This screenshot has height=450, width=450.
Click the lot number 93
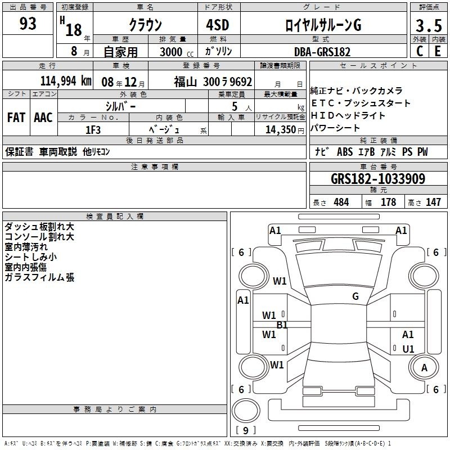click(x=28, y=24)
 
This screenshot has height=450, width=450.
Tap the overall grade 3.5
click(x=429, y=25)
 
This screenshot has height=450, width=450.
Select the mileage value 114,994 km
click(x=66, y=81)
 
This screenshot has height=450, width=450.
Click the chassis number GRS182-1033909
click(x=378, y=179)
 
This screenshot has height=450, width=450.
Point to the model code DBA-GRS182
click(x=322, y=52)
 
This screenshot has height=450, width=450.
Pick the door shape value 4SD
click(x=218, y=25)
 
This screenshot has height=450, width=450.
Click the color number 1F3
click(x=93, y=130)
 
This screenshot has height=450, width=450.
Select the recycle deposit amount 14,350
click(x=280, y=130)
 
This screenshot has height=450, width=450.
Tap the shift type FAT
click(x=16, y=118)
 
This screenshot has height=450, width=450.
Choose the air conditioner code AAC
click(x=43, y=118)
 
